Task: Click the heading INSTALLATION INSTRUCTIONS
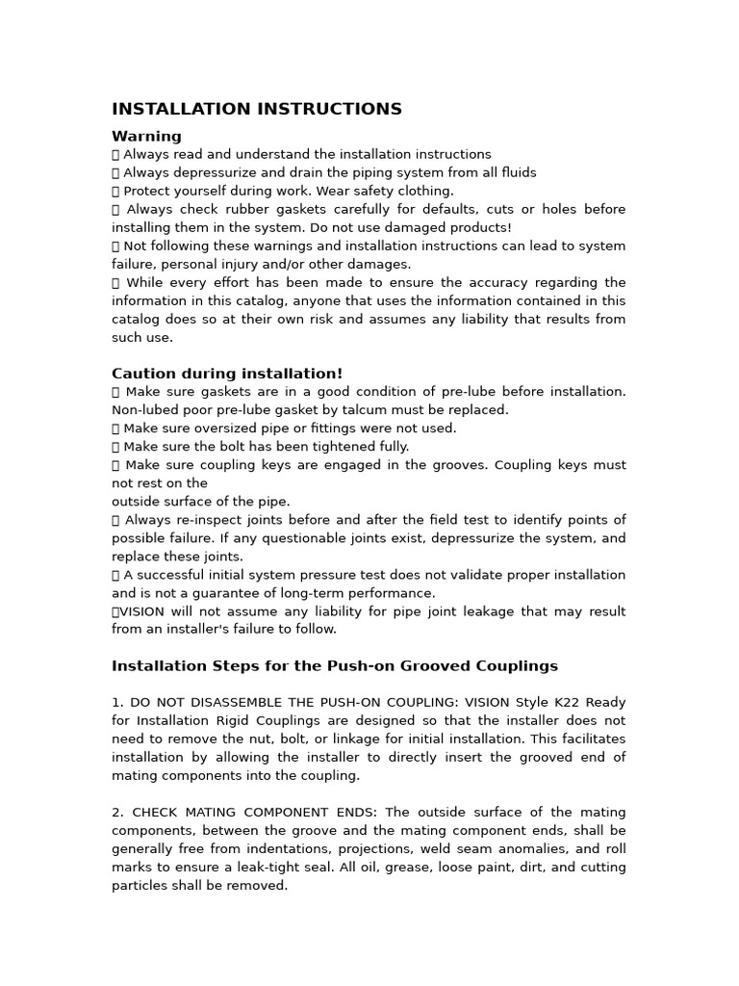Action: [257, 109]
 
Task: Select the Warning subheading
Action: [146, 136]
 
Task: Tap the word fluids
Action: [516, 172]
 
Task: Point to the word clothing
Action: [423, 191]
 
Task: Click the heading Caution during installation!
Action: [227, 374]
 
